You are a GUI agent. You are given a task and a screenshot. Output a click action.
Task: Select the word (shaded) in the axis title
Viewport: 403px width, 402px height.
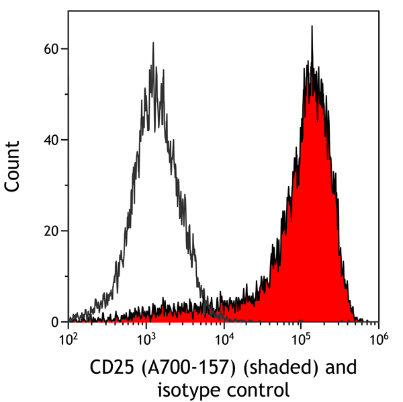pyautogui.click(x=268, y=368)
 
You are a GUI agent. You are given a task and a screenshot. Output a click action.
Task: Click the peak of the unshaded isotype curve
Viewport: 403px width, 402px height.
pyautogui.click(x=153, y=44)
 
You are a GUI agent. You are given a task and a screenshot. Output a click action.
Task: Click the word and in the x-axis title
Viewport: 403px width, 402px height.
pyautogui.click(x=334, y=368)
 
